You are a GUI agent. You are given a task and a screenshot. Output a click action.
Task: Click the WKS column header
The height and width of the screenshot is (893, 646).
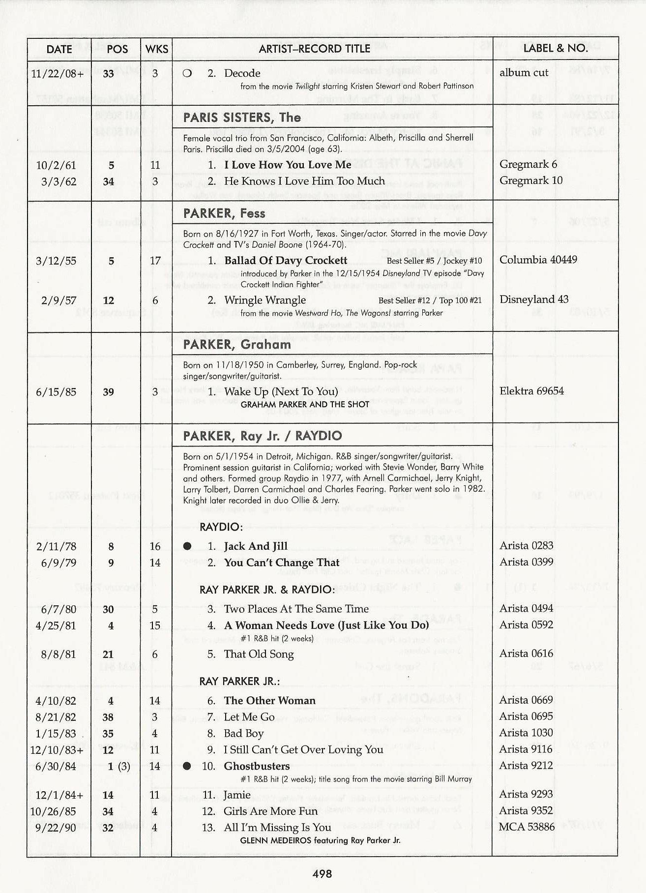coord(156,49)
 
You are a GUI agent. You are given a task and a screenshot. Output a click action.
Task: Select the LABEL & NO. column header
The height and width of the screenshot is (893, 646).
coord(556,48)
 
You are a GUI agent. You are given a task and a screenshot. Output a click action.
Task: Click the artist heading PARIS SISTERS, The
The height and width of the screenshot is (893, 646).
coord(241,118)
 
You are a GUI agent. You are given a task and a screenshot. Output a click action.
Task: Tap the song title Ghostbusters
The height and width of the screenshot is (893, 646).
coord(257,766)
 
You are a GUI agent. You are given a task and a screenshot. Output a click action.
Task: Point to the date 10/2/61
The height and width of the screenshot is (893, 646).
coord(56,165)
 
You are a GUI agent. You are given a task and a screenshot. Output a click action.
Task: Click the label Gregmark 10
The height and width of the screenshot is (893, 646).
coord(531,180)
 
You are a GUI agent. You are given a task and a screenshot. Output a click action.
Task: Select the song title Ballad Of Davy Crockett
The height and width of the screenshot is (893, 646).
coord(286,260)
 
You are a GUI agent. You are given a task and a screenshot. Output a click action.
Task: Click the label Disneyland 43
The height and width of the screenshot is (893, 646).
coord(534,299)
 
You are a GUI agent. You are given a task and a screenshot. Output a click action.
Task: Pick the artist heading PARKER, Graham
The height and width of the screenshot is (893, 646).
coord(237,345)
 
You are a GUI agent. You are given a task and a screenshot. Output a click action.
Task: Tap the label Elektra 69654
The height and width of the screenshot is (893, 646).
coord(532,391)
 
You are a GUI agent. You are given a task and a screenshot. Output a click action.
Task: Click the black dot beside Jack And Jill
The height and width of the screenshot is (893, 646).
coord(187,546)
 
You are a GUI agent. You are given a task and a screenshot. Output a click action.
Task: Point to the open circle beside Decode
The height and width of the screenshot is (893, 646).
coord(187,74)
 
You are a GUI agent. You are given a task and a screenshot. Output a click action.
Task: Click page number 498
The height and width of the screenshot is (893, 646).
coord(322,874)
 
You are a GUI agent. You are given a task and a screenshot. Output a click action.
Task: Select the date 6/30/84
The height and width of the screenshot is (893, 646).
coord(56,766)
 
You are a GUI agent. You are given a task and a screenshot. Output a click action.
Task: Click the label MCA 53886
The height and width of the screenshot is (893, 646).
coord(527,827)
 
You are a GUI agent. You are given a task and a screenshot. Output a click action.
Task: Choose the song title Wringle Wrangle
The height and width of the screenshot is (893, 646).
coord(265,300)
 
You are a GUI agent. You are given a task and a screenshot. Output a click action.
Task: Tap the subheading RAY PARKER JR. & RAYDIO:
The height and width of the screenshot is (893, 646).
coord(267,590)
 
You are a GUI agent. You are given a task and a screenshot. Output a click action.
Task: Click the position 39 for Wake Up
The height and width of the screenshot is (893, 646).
coord(108,392)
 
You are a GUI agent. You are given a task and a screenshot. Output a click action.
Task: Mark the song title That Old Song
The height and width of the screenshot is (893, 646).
coord(259,654)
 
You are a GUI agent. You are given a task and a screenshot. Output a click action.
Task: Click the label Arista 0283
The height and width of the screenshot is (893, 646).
coord(527,546)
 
